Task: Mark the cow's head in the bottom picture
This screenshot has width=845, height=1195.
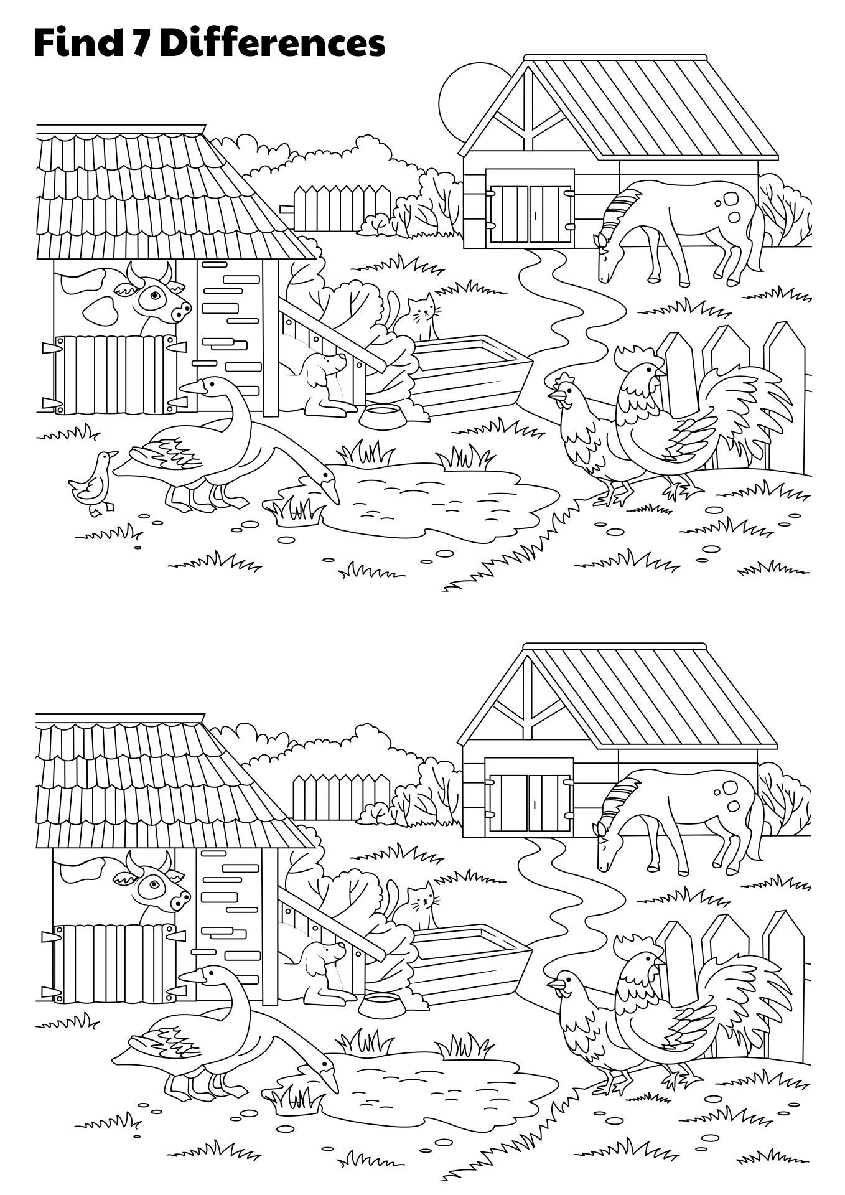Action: point(159,884)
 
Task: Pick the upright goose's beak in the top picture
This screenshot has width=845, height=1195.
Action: point(192,387)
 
